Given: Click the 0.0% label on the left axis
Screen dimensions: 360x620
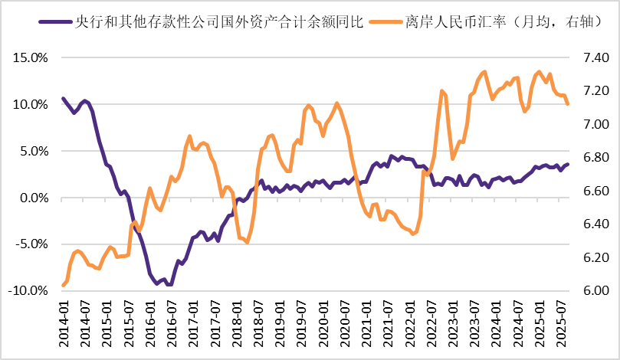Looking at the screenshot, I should [x=32, y=198].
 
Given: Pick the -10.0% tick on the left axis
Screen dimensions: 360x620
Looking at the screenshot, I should [x=28, y=291].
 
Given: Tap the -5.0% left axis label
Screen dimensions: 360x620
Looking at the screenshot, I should [x=30, y=244].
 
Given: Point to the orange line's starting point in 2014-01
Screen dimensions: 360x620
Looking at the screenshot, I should [x=63, y=286].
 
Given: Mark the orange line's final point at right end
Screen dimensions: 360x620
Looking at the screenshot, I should [x=568, y=104].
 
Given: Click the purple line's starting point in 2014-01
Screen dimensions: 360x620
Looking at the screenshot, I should [x=63, y=98].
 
